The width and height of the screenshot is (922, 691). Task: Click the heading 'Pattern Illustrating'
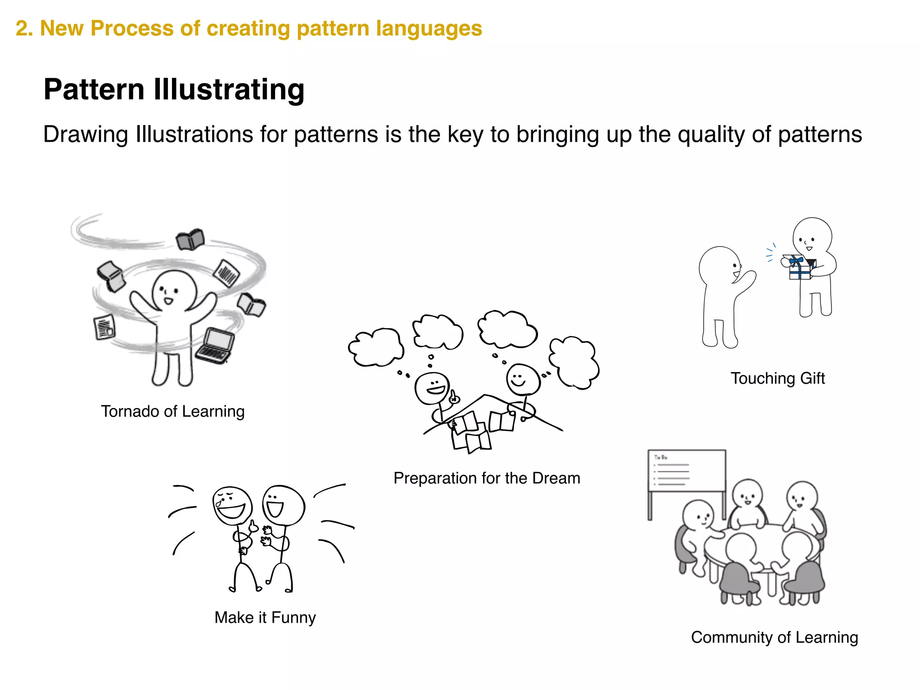click(x=174, y=90)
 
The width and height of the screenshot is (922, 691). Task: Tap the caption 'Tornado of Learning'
click(x=172, y=411)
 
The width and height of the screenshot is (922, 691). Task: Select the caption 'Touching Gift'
click(x=777, y=378)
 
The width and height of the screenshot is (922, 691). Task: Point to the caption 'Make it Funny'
click(x=265, y=617)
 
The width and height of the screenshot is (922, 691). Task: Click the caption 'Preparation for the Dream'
click(x=487, y=478)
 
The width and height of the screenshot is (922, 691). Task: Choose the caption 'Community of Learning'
click(x=774, y=637)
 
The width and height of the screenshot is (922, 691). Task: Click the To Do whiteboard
click(x=686, y=471)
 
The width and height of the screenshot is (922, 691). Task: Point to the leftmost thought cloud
click(x=376, y=347)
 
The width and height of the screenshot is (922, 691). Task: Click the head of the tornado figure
click(x=174, y=291)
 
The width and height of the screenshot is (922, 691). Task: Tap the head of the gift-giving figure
click(x=812, y=237)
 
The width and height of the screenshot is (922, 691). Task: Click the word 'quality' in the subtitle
click(x=712, y=135)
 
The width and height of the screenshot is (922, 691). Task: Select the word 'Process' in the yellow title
click(x=131, y=28)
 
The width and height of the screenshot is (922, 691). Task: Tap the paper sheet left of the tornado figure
click(x=104, y=327)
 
